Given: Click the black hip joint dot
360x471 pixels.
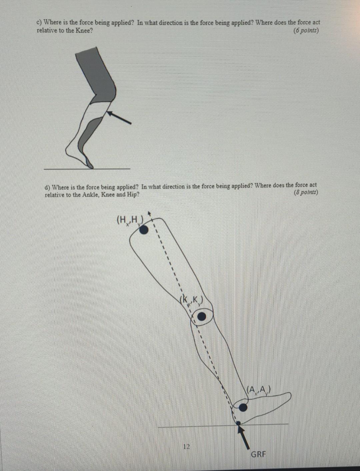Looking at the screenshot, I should pos(144,230).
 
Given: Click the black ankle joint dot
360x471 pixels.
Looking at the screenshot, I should pos(244,407).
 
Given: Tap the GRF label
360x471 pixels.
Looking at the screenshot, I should pos(258,454).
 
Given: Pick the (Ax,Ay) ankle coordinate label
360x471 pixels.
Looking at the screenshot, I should pos(259,389).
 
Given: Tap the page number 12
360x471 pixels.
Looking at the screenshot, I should pos(187,446).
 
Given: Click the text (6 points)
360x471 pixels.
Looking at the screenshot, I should pos(306,31).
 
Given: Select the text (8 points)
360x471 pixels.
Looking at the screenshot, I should pos(306,193).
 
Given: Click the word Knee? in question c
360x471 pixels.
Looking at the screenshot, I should pos(84,31).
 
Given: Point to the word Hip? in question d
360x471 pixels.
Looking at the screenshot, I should pos(132,195).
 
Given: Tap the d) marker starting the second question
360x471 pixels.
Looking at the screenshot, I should pos(48,187).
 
